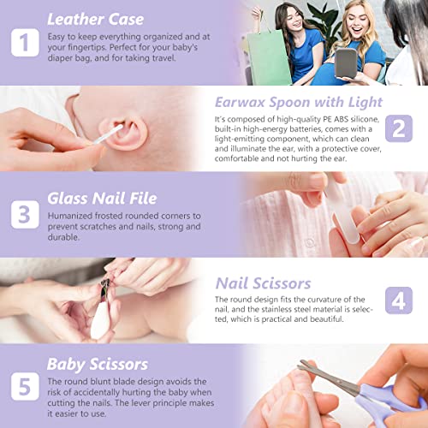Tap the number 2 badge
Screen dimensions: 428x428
[x=399, y=128]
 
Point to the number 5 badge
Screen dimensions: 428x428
[x=25, y=385]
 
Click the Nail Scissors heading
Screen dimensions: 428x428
[x=287, y=282]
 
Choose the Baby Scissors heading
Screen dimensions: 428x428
[x=98, y=364]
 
